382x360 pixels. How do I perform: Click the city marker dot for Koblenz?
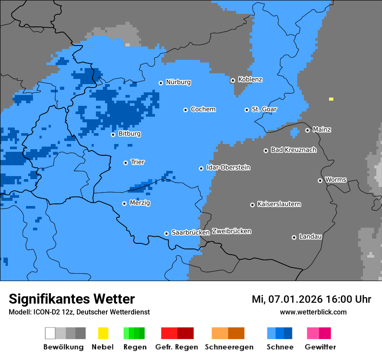pyautogui.click(x=233, y=80)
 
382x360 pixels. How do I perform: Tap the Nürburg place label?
pyautogui.click(x=178, y=82)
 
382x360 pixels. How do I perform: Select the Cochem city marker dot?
pyautogui.click(x=185, y=110)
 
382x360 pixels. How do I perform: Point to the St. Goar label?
pyautogui.click(x=264, y=109)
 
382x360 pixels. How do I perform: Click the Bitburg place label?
pyautogui.click(x=129, y=134)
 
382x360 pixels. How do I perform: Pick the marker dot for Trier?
pyautogui.click(x=125, y=163)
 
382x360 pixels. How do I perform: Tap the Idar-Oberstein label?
pyautogui.click(x=228, y=167)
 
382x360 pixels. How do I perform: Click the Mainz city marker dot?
pyautogui.click(x=307, y=130)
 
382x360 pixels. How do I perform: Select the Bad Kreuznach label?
pyautogui.click(x=293, y=150)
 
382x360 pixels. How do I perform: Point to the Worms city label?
pyautogui.click(x=336, y=180)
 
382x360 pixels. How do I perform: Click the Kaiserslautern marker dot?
pyautogui.click(x=252, y=205)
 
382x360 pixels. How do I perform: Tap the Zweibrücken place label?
pyautogui.click(x=231, y=231)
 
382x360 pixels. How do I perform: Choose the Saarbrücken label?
pyautogui.click(x=191, y=232)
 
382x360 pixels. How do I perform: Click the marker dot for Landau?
pyautogui.click(x=294, y=237)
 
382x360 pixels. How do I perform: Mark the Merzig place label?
pyautogui.click(x=140, y=203)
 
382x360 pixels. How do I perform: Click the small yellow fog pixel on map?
pyautogui.click(x=331, y=99)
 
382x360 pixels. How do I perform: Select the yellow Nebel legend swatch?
pyautogui.click(x=103, y=333)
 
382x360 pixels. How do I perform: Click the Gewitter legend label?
pyautogui.click(x=320, y=347)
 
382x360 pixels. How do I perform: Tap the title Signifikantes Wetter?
pyautogui.click(x=72, y=299)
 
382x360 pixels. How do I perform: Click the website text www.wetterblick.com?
pyautogui.click(x=313, y=312)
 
